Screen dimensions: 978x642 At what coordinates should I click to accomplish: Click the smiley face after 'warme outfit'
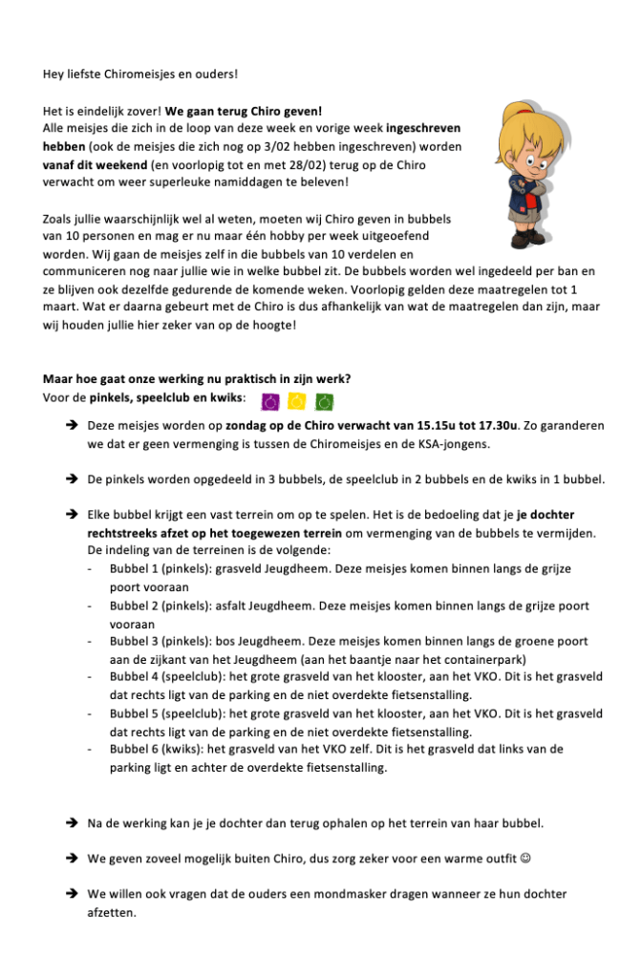point(526,859)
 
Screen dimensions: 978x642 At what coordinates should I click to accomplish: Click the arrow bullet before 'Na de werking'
point(72,822)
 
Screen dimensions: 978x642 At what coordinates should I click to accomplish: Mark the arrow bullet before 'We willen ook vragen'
point(72,894)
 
